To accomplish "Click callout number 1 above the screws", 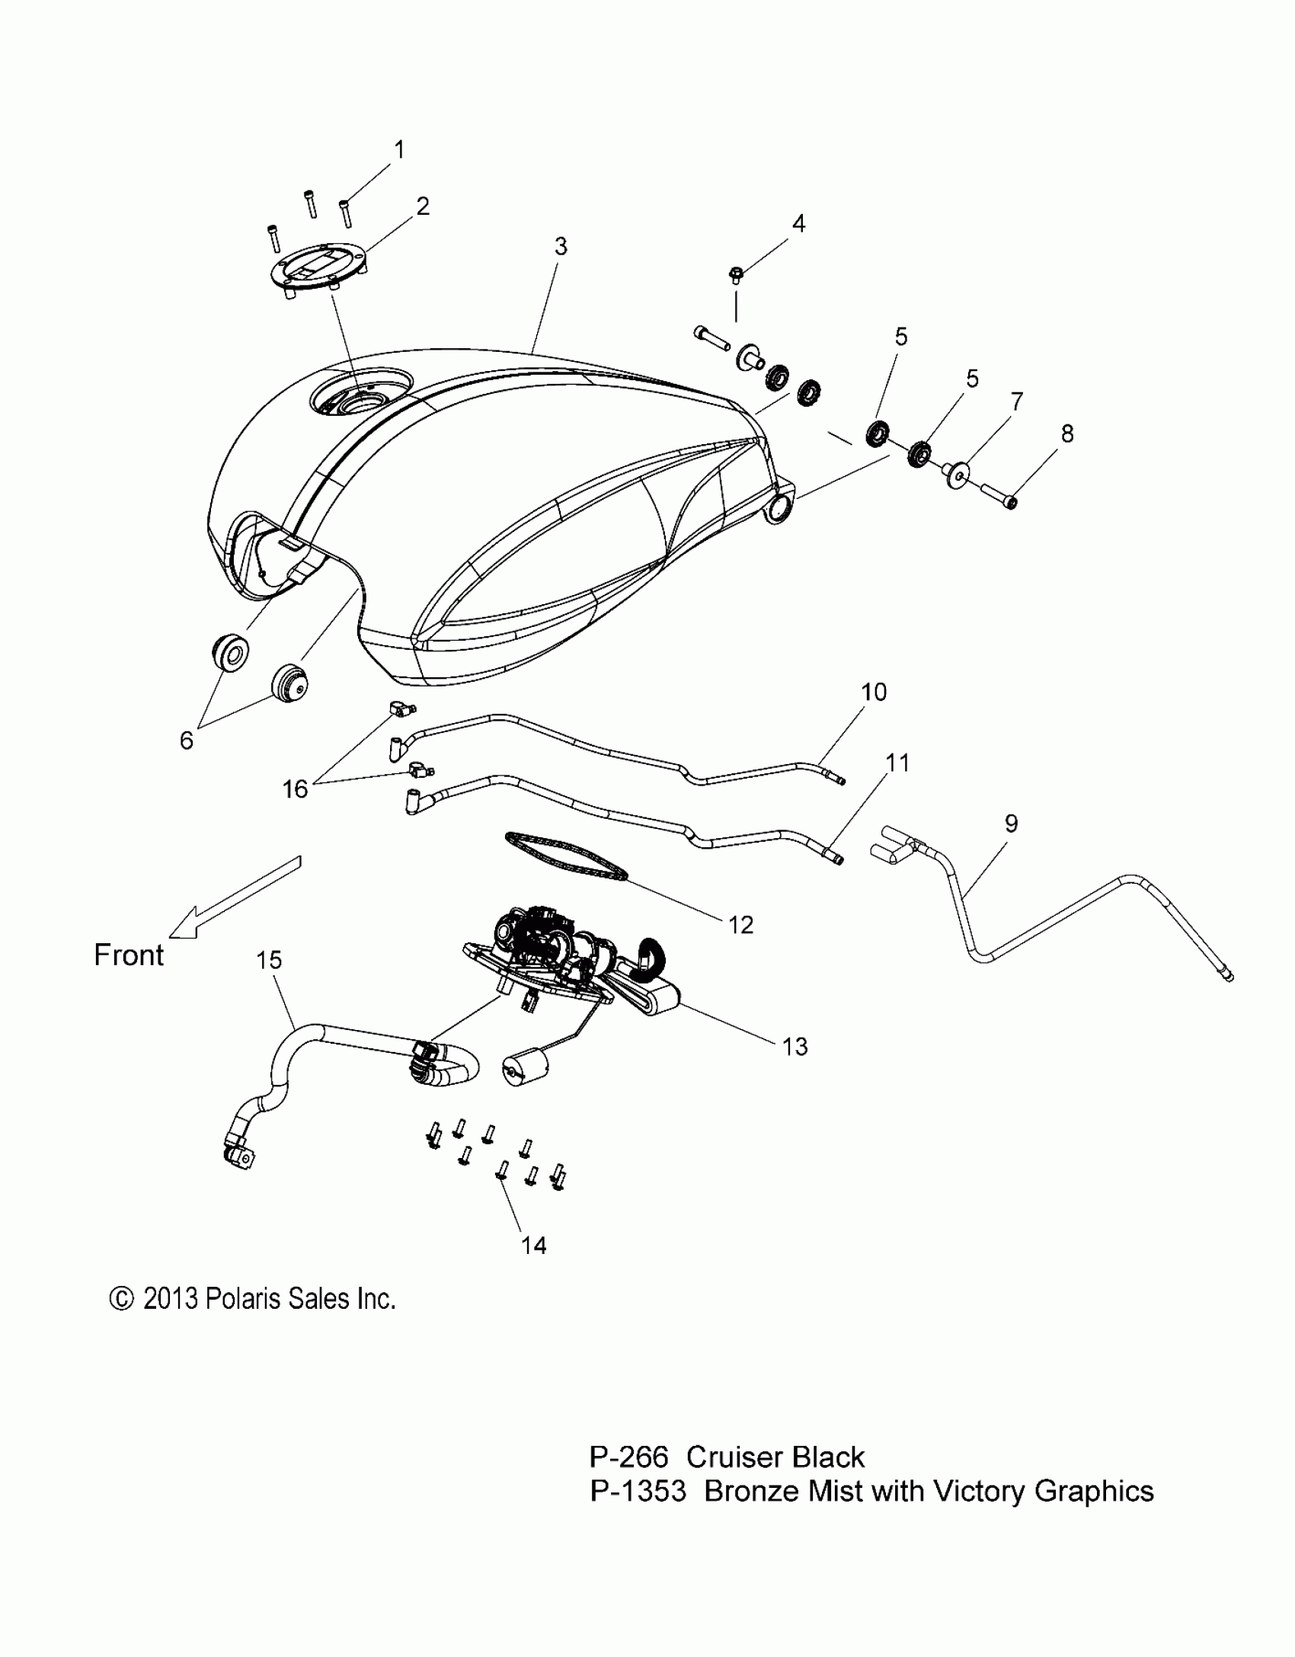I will tap(398, 149).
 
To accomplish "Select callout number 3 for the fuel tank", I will tap(561, 246).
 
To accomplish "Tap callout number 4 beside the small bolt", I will tap(798, 223).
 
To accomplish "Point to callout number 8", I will tap(1067, 433).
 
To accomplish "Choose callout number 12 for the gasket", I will tap(740, 925).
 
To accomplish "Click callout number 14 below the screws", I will tap(533, 1245).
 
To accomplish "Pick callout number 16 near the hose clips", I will tap(295, 789).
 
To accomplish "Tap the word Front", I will tap(129, 955).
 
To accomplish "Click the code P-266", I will tap(628, 1457).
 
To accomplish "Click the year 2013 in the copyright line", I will tap(170, 1299).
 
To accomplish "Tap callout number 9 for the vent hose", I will tap(1011, 824).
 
